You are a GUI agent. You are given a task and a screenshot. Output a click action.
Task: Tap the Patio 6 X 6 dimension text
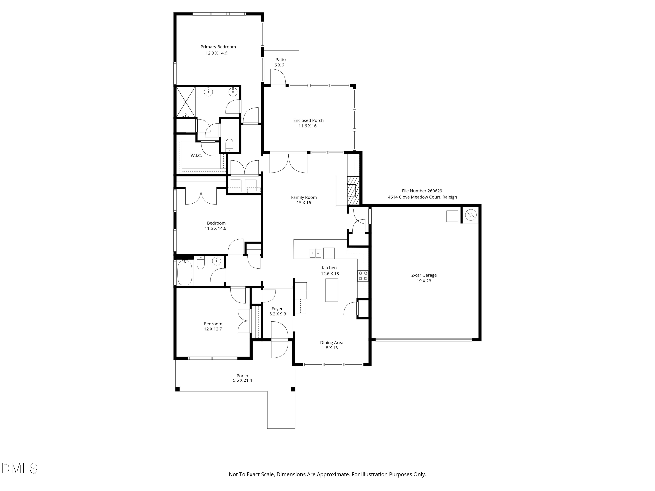click(x=279, y=65)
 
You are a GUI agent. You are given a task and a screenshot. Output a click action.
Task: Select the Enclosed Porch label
click(x=308, y=120)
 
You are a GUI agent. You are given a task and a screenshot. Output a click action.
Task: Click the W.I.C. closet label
click(x=196, y=156)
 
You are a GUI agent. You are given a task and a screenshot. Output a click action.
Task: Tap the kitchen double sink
click(x=315, y=253)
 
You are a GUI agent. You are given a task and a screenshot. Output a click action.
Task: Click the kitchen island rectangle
click(x=332, y=290)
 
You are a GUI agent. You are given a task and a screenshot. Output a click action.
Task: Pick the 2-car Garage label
click(x=424, y=275)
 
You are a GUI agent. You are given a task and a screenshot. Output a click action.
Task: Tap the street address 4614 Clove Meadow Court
click(x=422, y=197)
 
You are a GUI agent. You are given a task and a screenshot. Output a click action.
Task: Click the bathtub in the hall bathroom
click(x=184, y=272)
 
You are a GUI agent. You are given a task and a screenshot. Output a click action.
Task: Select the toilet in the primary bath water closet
click(x=229, y=145)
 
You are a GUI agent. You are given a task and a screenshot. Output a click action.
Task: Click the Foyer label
click(x=277, y=309)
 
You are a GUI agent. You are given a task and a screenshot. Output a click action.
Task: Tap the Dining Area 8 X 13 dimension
click(x=332, y=348)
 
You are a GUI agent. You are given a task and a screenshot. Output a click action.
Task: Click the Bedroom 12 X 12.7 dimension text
click(x=213, y=329)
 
